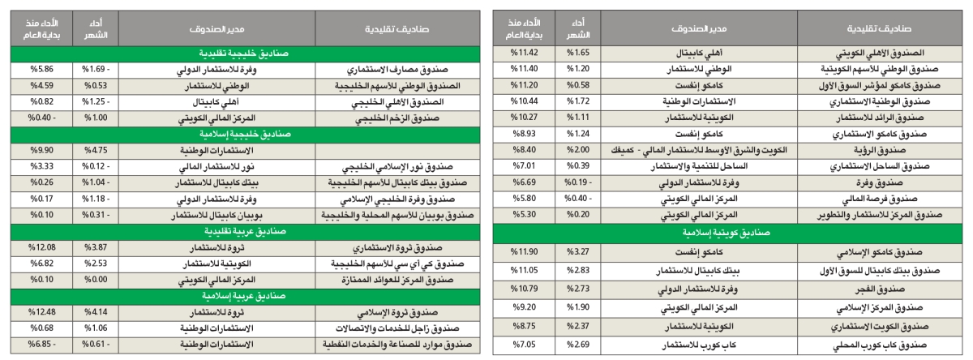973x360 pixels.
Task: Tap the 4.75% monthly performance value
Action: coord(96,150)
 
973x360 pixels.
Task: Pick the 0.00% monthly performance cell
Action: coord(96,280)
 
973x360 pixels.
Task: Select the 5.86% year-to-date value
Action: coord(38,69)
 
